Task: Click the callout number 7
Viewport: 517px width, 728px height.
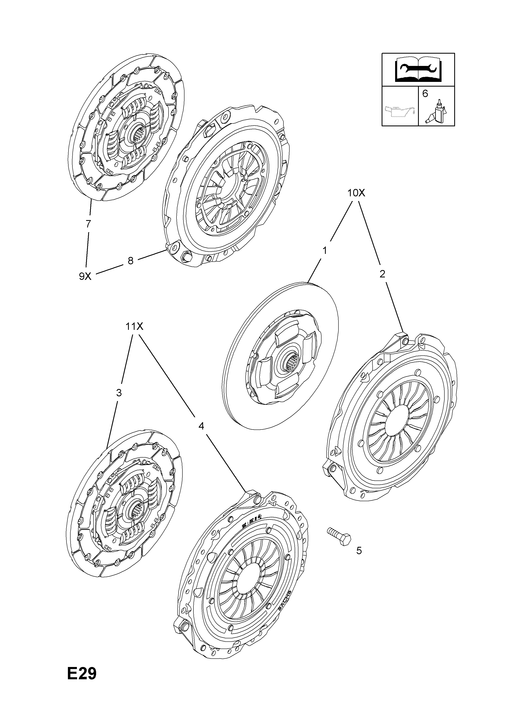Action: (88, 224)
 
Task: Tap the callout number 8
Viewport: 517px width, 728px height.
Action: (130, 261)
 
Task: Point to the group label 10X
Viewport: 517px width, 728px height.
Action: (356, 193)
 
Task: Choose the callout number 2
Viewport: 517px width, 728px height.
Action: (382, 274)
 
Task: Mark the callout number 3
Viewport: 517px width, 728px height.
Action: (119, 393)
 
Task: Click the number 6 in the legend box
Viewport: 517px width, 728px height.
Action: (425, 94)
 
